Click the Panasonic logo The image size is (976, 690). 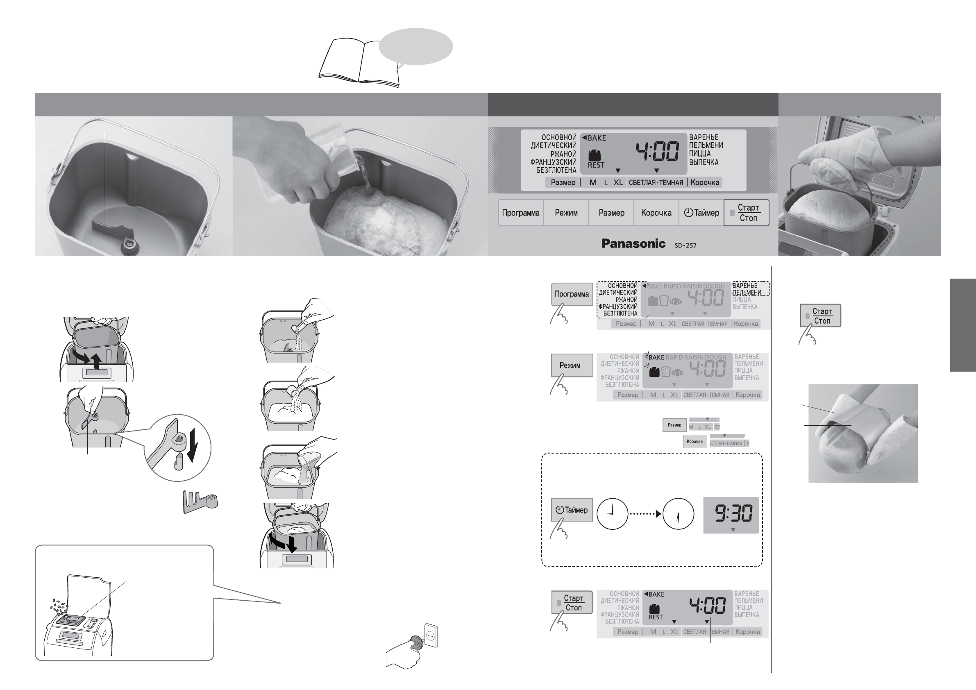pyautogui.click(x=633, y=244)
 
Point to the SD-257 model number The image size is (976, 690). pyautogui.click(x=685, y=245)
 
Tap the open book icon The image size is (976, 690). pyautogui.click(x=359, y=61)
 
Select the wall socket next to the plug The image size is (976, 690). pyautogui.click(x=431, y=635)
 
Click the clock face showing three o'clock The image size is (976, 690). pyautogui.click(x=612, y=514)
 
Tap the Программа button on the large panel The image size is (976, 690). pyautogui.click(x=520, y=213)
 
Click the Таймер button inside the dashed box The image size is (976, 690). pyautogui.click(x=572, y=510)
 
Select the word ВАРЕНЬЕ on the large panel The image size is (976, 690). pyautogui.click(x=704, y=137)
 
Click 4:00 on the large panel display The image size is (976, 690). pyautogui.click(x=657, y=151)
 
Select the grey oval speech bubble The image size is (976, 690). pyautogui.click(x=415, y=46)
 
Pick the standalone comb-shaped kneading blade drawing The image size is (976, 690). pyautogui.click(x=200, y=501)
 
